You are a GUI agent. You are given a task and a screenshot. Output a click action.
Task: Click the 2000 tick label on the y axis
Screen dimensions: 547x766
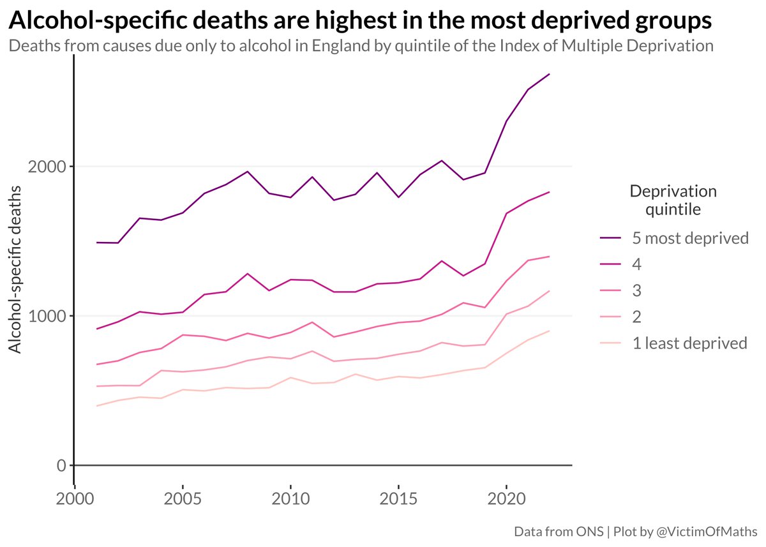point(48,167)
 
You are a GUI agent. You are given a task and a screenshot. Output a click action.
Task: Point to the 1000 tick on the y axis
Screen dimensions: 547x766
point(48,316)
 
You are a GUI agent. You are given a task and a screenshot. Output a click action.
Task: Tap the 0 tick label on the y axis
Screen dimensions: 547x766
point(61,465)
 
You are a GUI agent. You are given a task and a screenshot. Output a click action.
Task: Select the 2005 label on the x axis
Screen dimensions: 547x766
point(183,497)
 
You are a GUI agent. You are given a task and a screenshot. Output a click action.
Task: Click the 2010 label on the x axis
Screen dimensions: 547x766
point(290,497)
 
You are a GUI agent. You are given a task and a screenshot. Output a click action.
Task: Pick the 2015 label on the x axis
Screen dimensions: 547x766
point(398,497)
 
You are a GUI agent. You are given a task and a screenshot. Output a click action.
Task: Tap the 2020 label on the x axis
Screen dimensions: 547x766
point(506,497)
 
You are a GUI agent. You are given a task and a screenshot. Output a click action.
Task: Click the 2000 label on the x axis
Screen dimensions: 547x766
point(75,497)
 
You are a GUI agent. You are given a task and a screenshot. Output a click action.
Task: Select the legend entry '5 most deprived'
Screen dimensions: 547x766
point(690,239)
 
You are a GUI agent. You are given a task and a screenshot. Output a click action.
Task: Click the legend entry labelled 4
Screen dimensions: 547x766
point(636,265)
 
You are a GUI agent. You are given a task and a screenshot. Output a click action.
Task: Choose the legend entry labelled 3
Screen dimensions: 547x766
point(636,291)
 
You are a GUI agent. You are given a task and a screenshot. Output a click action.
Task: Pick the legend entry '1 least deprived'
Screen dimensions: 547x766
point(689,343)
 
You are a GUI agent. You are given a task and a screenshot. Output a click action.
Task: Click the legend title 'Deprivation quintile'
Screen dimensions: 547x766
point(673,200)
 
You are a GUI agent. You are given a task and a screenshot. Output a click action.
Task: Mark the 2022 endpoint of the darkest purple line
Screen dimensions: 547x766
point(550,75)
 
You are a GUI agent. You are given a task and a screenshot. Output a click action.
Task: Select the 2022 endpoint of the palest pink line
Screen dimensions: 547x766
point(550,331)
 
